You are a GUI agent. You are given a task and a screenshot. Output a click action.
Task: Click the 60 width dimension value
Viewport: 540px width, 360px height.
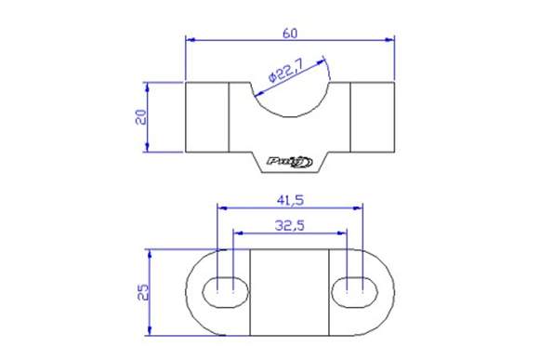pyautogui.click(x=290, y=33)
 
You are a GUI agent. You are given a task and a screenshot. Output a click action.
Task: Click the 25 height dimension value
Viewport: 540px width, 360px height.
pyautogui.click(x=141, y=292)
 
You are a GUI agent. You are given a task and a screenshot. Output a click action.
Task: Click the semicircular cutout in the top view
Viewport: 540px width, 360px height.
pyautogui.click(x=290, y=98)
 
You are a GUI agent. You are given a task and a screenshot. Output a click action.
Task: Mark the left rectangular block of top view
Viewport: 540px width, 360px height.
pyautogui.click(x=207, y=117)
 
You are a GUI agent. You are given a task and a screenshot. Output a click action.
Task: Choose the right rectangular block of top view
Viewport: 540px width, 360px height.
pyautogui.click(x=373, y=117)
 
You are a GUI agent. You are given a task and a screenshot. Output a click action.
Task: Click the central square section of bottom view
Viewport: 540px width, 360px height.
pyautogui.click(x=290, y=292)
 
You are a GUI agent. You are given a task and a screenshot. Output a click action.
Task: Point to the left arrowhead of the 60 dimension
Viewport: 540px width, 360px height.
pyautogui.click(x=191, y=40)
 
